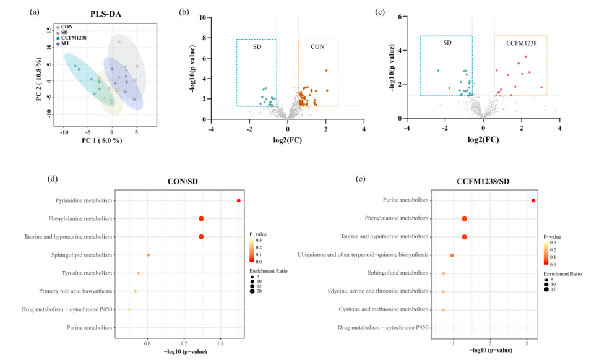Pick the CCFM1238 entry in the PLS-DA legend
72,38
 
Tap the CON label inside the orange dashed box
317,46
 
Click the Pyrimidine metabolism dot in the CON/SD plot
238,200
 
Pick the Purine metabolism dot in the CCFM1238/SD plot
533,200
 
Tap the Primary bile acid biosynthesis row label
76,291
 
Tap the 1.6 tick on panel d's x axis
220,343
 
